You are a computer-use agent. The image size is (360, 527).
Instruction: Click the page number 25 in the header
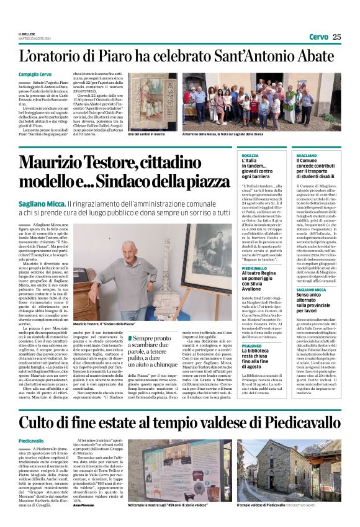(x=336, y=37)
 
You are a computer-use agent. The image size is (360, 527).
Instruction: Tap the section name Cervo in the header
(x=318, y=37)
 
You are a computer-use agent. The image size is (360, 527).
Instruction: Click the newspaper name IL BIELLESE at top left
(x=27, y=34)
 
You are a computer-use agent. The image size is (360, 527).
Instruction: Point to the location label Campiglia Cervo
(x=35, y=74)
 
